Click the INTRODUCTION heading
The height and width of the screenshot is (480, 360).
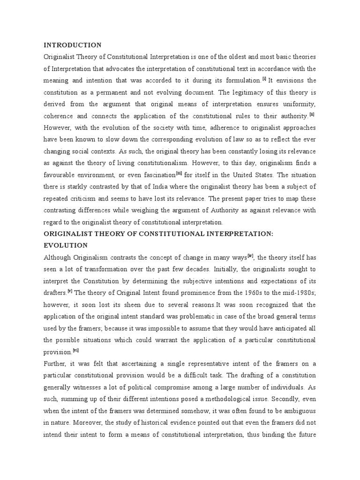72,45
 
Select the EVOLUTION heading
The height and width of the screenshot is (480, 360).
66,245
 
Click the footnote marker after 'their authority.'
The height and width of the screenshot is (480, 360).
312,114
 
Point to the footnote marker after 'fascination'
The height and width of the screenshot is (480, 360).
179,173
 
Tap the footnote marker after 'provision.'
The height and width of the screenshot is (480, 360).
75,350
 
